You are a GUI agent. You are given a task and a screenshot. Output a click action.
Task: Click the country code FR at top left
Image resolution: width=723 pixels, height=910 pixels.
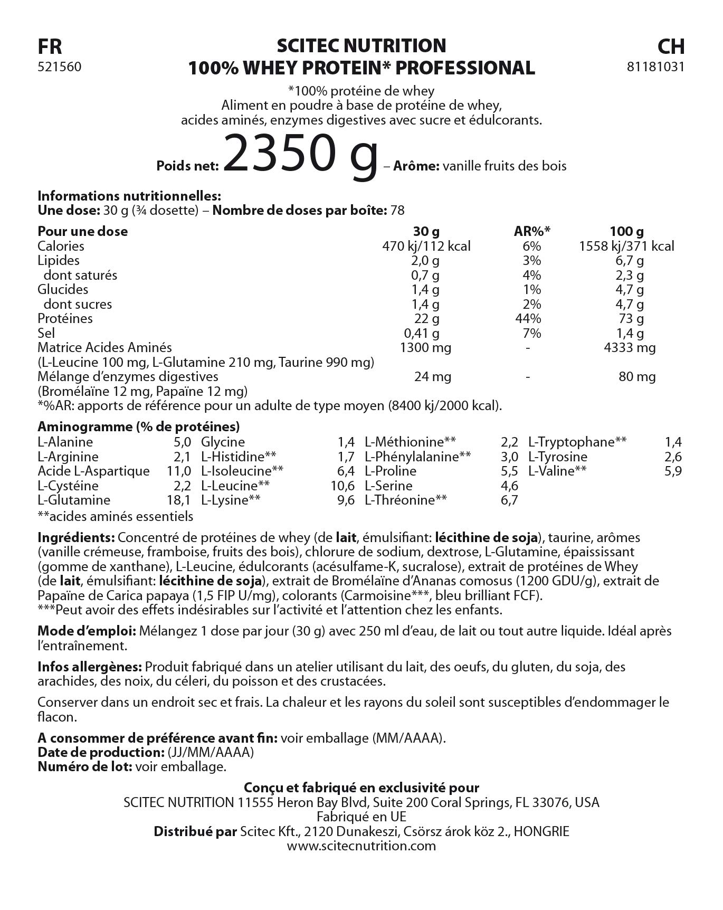coord(50,47)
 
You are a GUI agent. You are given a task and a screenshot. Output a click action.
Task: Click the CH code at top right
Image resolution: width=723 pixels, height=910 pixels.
coord(671,47)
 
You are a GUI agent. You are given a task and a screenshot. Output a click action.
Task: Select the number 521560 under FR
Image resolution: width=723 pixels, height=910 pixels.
coord(60,67)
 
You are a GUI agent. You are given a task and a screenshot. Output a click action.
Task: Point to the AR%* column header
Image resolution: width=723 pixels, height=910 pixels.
coord(532,231)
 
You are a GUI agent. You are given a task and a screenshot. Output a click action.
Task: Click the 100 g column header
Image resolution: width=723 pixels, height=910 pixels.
coord(627,231)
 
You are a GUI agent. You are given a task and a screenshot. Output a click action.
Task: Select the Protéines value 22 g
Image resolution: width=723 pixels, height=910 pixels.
coord(427,318)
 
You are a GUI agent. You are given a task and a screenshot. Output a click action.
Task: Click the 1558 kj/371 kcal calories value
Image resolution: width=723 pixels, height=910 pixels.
coord(627,246)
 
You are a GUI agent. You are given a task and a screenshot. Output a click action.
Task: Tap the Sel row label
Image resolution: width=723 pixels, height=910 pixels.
coord(46,333)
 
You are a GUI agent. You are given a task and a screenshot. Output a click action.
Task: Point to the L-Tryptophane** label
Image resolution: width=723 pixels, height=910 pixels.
coord(577,442)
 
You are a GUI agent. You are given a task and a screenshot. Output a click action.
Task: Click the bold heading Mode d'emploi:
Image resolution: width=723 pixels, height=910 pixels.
coord(87,631)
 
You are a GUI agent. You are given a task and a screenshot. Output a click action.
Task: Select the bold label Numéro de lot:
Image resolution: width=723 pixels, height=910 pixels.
coord(84,766)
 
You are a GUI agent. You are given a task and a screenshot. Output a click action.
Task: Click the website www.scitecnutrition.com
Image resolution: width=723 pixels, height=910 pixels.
coord(361,846)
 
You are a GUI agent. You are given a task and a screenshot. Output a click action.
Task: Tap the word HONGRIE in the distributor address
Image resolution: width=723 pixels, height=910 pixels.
coord(541,832)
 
